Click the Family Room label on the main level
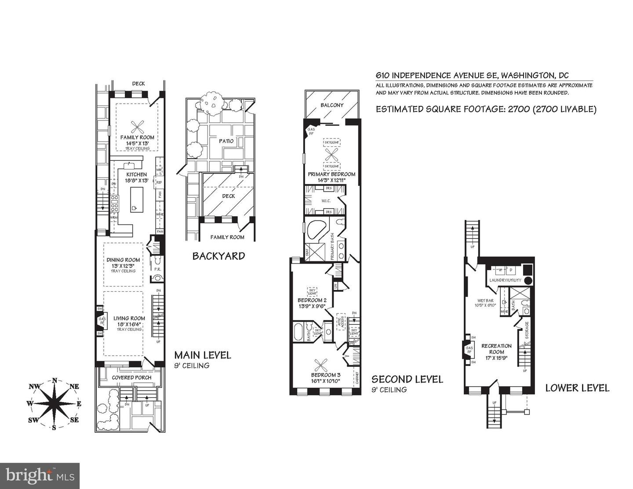coord(137,137)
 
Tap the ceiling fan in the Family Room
coord(138,127)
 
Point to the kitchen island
coord(135,199)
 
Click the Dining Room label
coord(123,260)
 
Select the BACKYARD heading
coord(218,256)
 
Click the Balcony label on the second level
coord(332,105)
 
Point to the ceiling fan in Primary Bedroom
coord(331,154)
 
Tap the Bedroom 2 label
coord(312,301)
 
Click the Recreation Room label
coord(496,346)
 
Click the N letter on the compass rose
coord(55,380)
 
